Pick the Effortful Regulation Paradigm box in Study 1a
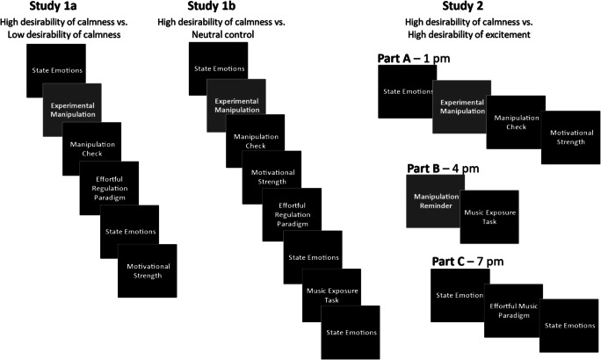[x=106, y=184]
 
